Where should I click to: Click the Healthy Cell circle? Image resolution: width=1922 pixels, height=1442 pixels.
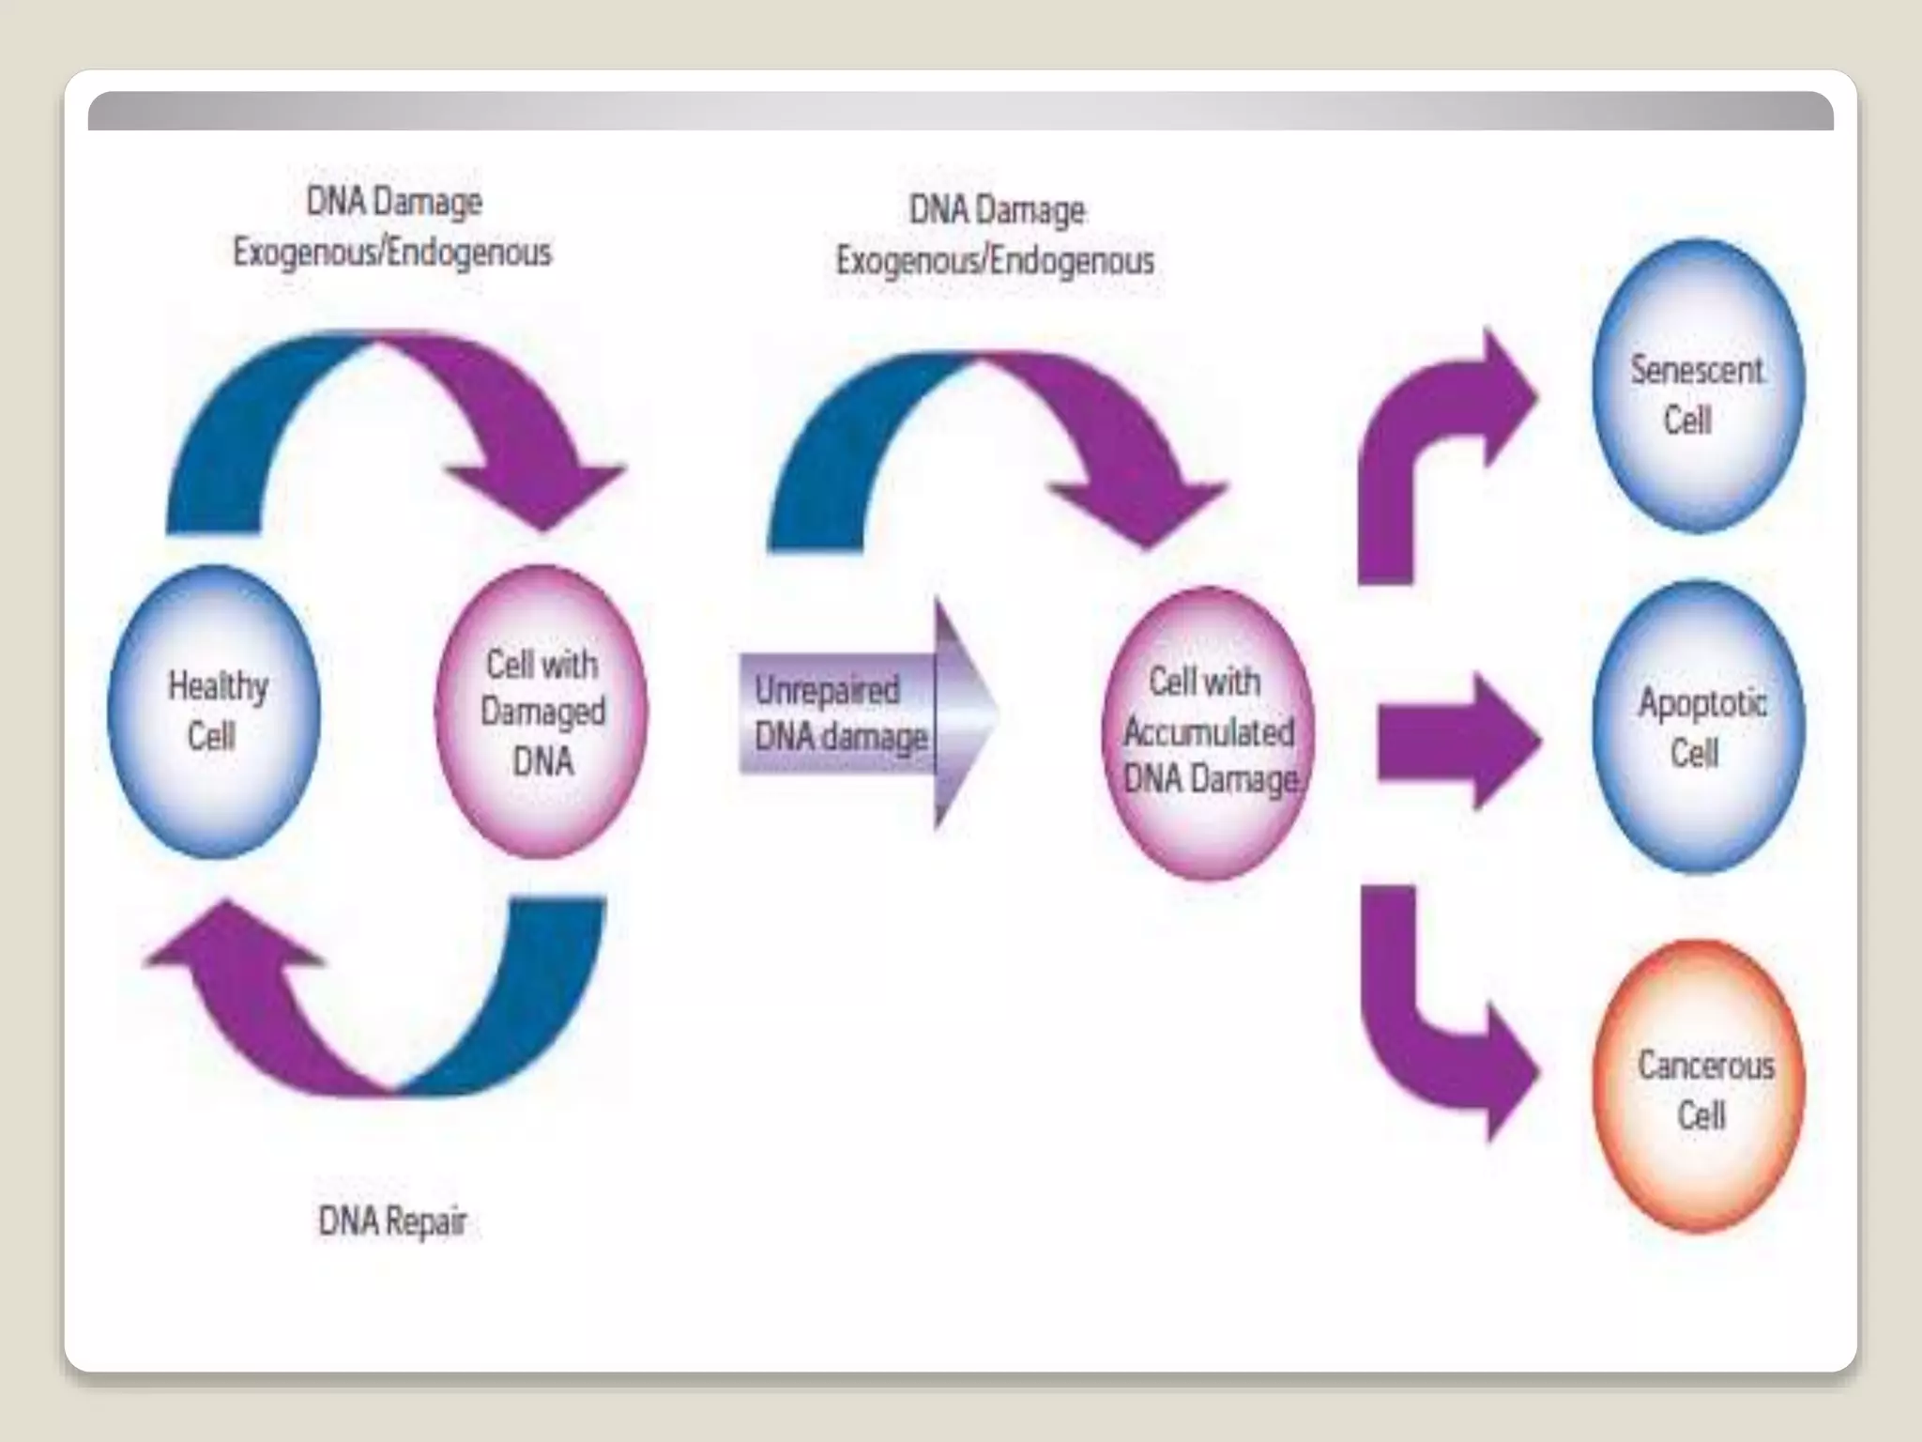pyautogui.click(x=214, y=712)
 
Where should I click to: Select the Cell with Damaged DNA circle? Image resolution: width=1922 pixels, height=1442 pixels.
pyautogui.click(x=542, y=712)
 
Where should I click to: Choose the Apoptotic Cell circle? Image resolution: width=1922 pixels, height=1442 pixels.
pyautogui.click(x=1699, y=727)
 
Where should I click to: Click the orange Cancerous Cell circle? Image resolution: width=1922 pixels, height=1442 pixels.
pyautogui.click(x=1699, y=1087)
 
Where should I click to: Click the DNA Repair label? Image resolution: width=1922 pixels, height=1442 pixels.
pyautogui.click(x=392, y=1221)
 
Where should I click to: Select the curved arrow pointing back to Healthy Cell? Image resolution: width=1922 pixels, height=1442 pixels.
pyautogui.click(x=375, y=1014)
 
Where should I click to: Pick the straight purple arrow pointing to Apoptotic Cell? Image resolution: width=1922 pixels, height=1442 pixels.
pyautogui.click(x=1455, y=740)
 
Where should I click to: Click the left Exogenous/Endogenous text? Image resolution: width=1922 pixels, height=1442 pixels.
pyautogui.click(x=392, y=253)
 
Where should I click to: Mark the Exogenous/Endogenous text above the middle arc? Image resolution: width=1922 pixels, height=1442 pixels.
pyautogui.click(x=995, y=260)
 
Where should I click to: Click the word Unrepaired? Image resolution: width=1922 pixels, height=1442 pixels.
pyautogui.click(x=827, y=690)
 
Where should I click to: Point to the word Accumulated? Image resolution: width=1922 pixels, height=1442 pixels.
pyautogui.click(x=1209, y=731)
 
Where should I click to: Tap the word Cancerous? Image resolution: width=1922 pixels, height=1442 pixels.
pyautogui.click(x=1705, y=1066)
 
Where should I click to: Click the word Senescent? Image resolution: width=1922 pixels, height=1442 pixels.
pyautogui.click(x=1696, y=370)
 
